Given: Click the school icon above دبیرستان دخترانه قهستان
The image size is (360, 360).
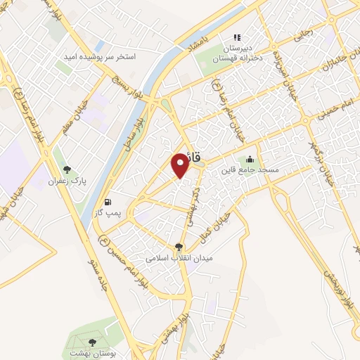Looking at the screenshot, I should (x=237, y=37).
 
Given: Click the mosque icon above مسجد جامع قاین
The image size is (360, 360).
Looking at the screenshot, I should (x=250, y=159).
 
